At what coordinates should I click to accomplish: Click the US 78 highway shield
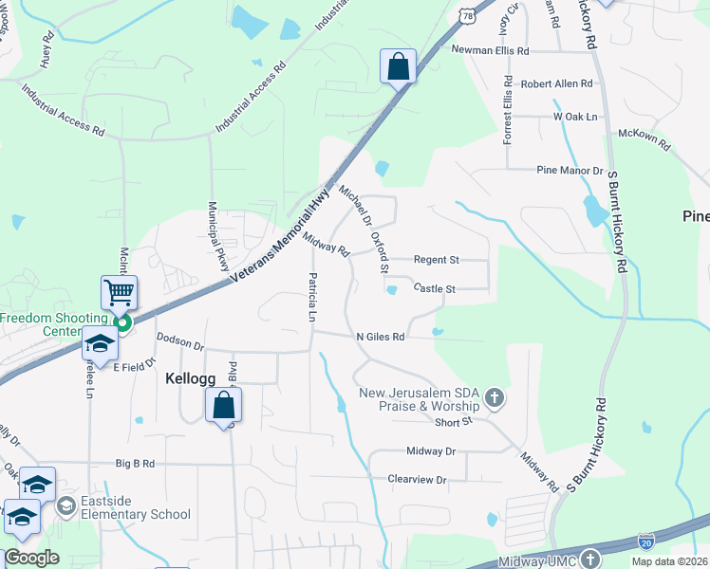coord(466,14)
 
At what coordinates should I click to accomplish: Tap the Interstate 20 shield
coord(645,542)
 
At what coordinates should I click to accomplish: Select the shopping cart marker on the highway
coord(120,293)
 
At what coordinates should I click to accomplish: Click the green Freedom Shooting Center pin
coord(121,322)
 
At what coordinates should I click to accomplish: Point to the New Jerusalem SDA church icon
coord(494,398)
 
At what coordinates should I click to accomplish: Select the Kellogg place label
coord(191,377)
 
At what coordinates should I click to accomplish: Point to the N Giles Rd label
coord(381,337)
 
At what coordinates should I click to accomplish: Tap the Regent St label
coord(436,260)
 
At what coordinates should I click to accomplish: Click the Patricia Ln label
coord(311,297)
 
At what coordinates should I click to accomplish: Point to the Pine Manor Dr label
coord(570,171)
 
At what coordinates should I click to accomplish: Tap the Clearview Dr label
coord(417,480)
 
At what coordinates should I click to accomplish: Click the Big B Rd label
coord(135,464)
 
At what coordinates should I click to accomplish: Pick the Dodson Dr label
coord(180,341)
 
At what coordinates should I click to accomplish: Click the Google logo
coord(31,558)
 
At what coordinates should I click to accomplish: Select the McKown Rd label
coord(645,140)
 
